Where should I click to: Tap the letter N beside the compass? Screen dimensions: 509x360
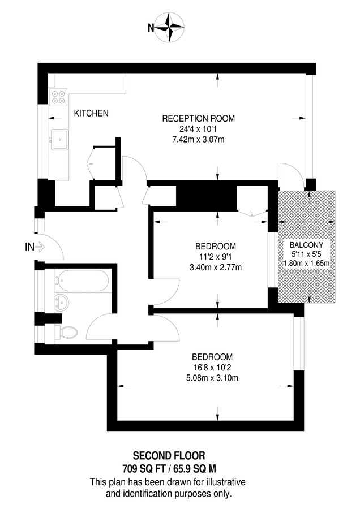coord(151,27)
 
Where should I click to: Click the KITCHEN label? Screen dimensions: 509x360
coord(91,114)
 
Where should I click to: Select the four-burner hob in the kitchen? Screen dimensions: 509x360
coord(58,98)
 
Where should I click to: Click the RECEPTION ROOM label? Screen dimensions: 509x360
coord(198,119)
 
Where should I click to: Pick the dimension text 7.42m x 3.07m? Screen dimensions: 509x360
coord(198,140)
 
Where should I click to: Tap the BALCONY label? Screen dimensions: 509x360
coord(306,245)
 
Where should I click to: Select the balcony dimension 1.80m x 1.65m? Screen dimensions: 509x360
coord(306,263)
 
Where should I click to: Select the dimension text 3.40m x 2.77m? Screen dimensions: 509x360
coord(215,268)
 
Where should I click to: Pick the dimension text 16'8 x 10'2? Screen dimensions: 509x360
coord(212,368)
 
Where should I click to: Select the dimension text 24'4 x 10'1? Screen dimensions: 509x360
coord(198,130)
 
